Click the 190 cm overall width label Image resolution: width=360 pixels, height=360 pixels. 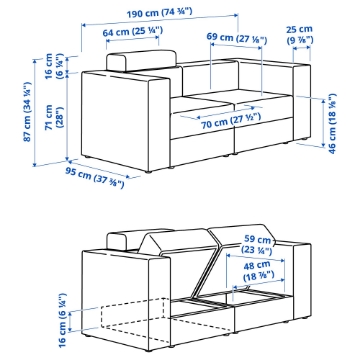pos(160,13)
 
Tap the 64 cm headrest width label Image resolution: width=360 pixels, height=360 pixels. pos(132,32)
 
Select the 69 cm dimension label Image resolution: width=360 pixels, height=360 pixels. pos(237,38)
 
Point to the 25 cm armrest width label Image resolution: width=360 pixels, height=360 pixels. pos(300,35)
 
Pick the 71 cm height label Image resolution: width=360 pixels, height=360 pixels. pos(54,117)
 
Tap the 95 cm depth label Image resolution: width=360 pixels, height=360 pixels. pos(95,178)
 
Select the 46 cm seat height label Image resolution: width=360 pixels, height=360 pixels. pos(332,123)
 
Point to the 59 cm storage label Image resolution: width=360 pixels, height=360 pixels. pos(257,244)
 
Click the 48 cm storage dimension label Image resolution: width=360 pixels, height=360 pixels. pos(258,271)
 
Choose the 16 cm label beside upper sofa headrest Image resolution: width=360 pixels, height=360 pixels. pos(54,66)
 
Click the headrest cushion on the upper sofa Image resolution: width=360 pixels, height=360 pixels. pos(141,60)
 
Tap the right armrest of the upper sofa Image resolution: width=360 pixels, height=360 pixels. pos(302,101)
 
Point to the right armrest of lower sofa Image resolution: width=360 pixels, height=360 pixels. pos(302,281)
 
